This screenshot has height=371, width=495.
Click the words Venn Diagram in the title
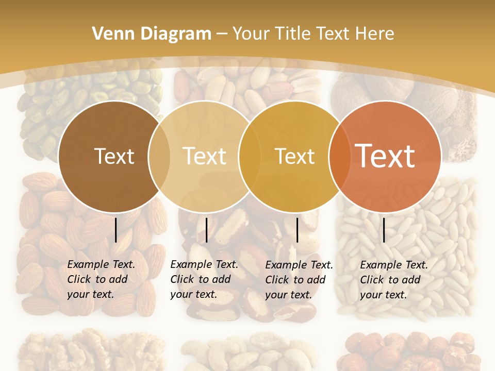pyautogui.click(x=152, y=34)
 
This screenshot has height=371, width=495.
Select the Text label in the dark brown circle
pyautogui.click(x=114, y=156)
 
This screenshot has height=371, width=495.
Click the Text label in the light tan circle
pyautogui.click(x=205, y=156)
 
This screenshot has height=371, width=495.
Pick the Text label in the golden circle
pyautogui.click(x=294, y=156)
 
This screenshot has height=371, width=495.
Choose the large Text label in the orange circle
pyautogui.click(x=385, y=156)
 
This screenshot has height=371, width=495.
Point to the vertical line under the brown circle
pyautogui.click(x=116, y=230)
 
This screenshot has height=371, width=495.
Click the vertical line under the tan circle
pyautogui.click(x=206, y=230)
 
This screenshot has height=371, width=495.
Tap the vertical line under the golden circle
pyautogui.click(x=298, y=230)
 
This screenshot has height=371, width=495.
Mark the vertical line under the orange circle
pyautogui.click(x=384, y=230)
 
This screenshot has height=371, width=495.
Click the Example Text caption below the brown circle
pyautogui.click(x=101, y=264)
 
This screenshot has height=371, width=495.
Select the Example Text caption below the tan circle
pyautogui.click(x=204, y=264)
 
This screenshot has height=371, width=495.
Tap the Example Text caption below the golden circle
pyautogui.click(x=299, y=265)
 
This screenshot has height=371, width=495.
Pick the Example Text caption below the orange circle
pyautogui.click(x=394, y=265)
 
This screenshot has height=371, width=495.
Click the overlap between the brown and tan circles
pyautogui.click(x=159, y=156)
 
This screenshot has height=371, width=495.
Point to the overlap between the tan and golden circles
pyautogui.click(x=250, y=156)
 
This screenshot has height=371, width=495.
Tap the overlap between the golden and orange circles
pyautogui.click(x=340, y=156)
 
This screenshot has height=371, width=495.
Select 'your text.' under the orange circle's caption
pyautogui.click(x=384, y=295)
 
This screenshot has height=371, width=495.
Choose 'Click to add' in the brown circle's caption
pyautogui.click(x=97, y=279)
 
